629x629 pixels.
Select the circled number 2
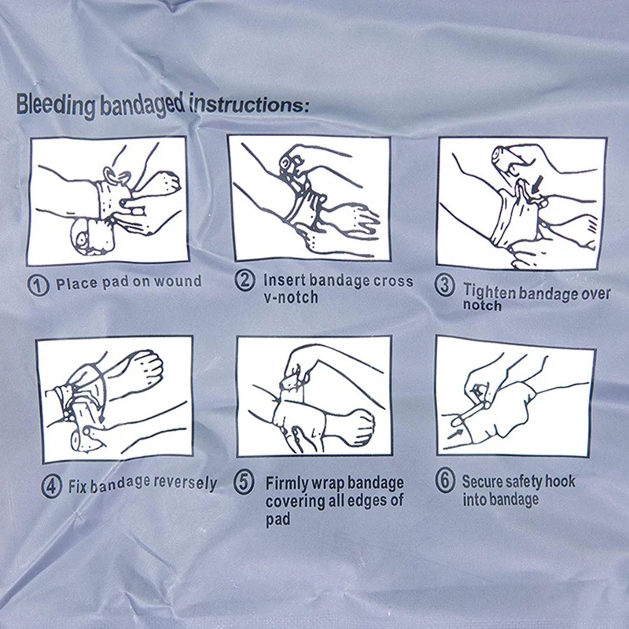[245, 281]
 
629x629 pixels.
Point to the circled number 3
[446, 287]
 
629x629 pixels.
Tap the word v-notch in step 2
[291, 297]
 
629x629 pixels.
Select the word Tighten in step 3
[489, 291]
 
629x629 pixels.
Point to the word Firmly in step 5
[288, 482]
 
